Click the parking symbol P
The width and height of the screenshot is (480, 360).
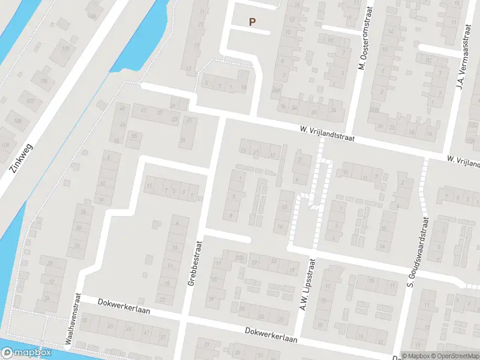[253, 22]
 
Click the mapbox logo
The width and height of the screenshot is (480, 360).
[26, 353]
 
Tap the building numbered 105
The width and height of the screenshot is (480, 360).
[65, 48]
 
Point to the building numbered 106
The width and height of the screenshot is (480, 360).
[43, 80]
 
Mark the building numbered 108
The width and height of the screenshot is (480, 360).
[17, 121]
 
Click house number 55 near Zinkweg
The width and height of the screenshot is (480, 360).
[134, 136]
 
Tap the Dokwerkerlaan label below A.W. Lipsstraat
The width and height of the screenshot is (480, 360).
[271, 335]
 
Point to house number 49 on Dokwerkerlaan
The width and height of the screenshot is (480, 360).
[110, 327]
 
